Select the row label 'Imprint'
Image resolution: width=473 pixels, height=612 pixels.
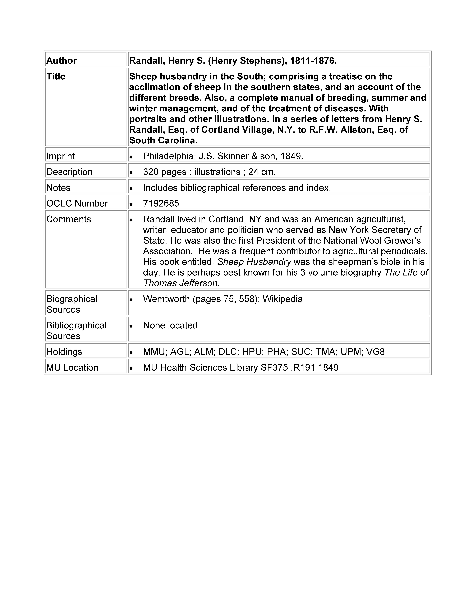[x=61, y=156]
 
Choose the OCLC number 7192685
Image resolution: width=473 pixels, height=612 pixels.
[x=161, y=203]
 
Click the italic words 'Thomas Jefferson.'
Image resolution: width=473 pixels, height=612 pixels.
[x=181, y=283]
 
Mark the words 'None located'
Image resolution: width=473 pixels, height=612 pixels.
[x=170, y=325]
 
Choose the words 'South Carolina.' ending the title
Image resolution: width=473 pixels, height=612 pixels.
[x=163, y=140]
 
